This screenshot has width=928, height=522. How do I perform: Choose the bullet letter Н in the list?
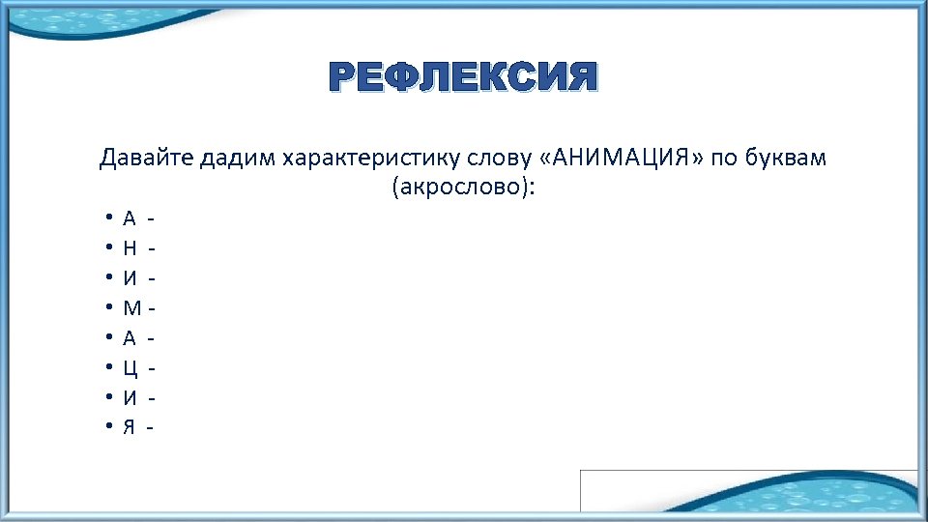(x=130, y=250)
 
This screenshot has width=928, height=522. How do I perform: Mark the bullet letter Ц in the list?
(x=130, y=368)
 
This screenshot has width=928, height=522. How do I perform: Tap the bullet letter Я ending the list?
(x=130, y=426)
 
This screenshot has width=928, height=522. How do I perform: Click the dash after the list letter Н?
(x=153, y=250)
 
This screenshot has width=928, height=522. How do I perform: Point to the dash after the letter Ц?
(x=153, y=368)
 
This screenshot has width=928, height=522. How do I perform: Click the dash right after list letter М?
(x=152, y=309)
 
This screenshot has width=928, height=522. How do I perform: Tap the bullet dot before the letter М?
(x=112, y=309)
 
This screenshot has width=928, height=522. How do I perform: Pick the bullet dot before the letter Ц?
(x=112, y=368)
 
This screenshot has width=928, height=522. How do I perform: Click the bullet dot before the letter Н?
(x=112, y=250)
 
